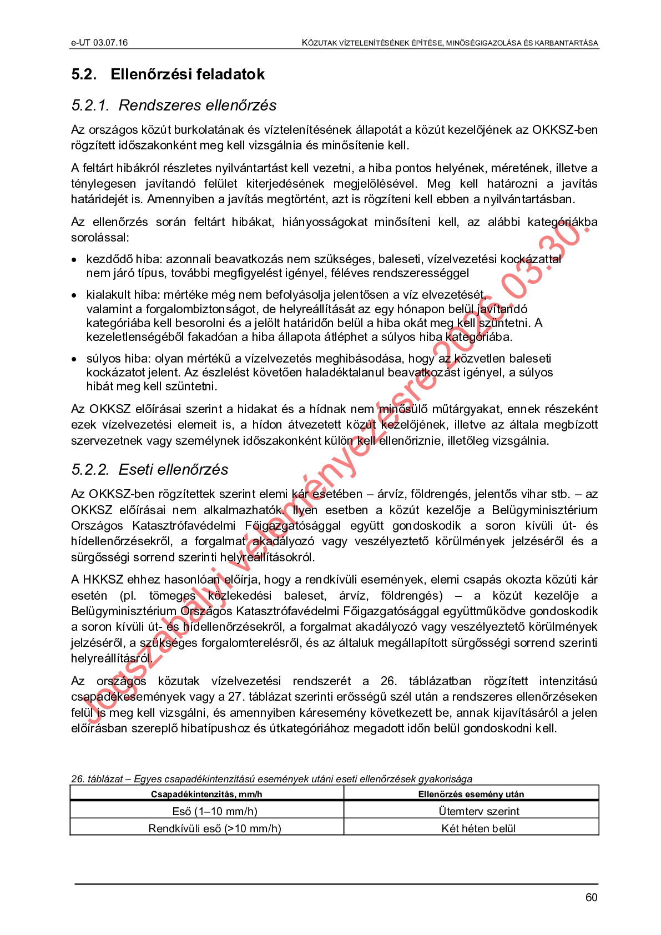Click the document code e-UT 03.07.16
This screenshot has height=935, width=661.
tap(99, 43)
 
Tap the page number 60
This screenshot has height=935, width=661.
tap(591, 898)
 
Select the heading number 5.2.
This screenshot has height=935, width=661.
tap(84, 74)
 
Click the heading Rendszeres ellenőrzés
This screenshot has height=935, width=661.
tap(198, 105)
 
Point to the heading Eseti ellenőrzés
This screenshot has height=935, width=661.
tap(173, 470)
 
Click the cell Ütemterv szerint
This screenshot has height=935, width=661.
tap(478, 811)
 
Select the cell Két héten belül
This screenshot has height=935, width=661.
tap(478, 828)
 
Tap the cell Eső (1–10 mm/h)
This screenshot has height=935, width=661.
tap(215, 811)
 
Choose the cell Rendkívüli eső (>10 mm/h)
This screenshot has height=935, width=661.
tap(215, 828)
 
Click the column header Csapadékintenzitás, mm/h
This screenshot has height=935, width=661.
tap(206, 794)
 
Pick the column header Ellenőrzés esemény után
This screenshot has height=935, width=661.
tap(471, 794)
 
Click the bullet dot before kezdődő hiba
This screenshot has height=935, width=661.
tap(74, 260)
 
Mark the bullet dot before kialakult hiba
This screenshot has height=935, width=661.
tap(74, 295)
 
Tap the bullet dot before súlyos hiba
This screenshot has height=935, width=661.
tap(74, 359)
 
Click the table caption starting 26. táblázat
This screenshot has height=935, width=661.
tap(271, 779)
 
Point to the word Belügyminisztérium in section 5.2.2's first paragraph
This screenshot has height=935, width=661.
tap(544, 510)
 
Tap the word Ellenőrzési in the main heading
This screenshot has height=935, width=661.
tap(150, 74)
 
